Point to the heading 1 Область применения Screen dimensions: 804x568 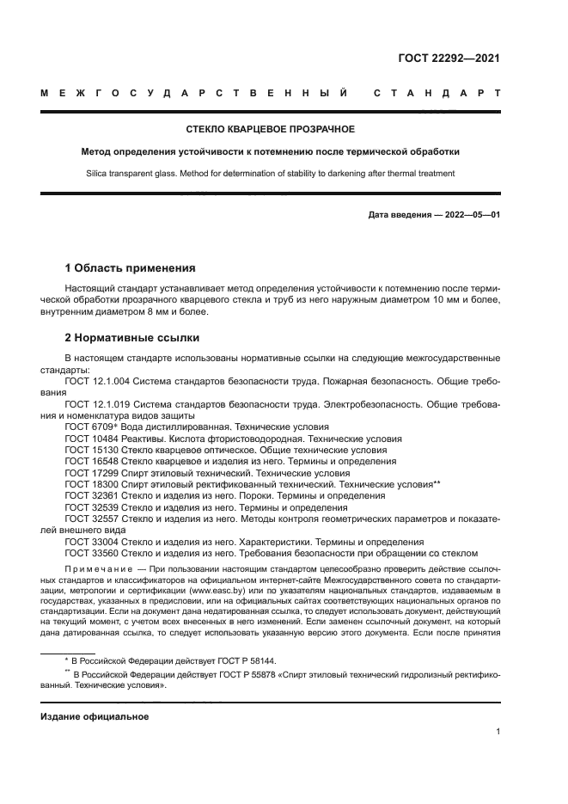130,267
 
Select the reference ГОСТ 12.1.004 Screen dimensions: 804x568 99,380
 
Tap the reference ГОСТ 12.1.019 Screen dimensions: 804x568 99,403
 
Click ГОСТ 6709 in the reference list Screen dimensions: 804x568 89,427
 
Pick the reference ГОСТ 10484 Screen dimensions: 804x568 92,438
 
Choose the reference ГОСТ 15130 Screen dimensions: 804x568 92,450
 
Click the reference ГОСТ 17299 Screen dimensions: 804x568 92,473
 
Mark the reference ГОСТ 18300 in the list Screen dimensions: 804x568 92,484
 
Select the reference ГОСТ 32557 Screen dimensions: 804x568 92,519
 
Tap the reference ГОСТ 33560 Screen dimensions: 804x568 92,554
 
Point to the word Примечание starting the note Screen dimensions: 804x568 96,572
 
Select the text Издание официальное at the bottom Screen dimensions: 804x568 95,716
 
